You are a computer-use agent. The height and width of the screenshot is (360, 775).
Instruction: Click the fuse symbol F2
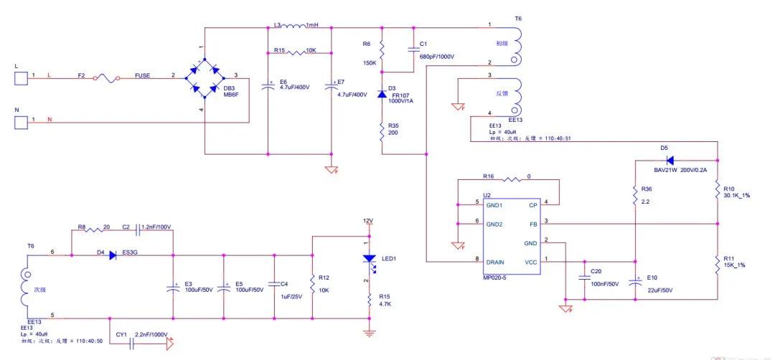coord(111,75)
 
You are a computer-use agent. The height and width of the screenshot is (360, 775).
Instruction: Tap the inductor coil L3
coord(295,28)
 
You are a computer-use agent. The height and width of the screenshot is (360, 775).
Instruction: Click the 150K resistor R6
coord(382,50)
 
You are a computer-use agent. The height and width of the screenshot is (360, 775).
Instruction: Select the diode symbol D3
coord(382,93)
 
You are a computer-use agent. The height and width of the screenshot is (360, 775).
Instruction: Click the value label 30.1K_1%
coord(736,195)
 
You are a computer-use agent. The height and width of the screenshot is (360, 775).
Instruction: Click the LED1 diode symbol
coord(369,258)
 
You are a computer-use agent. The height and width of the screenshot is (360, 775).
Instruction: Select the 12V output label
coord(368,219)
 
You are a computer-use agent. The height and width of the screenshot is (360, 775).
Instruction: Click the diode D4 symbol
coord(113,255)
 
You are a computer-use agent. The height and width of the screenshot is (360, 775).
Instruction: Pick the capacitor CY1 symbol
coord(131,344)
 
